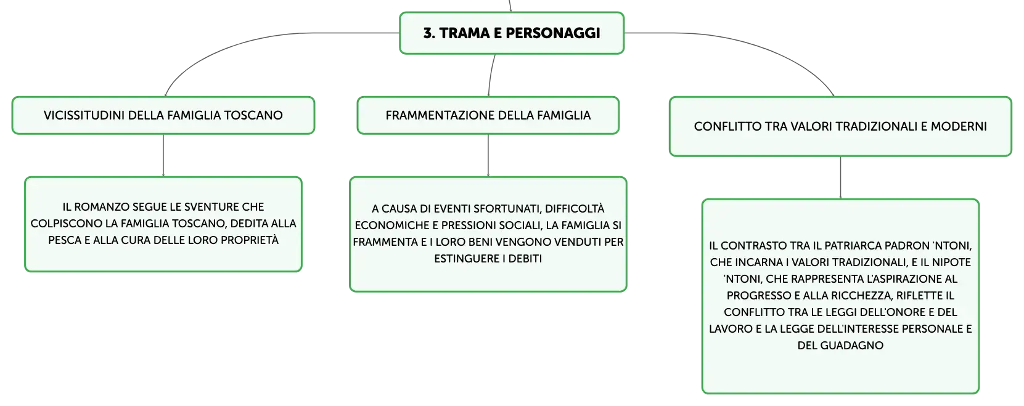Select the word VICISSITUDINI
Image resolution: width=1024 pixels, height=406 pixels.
(x=84, y=115)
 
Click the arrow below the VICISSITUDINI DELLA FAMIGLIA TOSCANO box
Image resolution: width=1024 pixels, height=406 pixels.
(x=163, y=156)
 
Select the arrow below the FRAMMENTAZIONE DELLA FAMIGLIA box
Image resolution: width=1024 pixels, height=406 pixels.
(x=488, y=156)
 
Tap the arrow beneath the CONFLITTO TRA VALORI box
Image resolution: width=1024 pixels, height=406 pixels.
(x=840, y=177)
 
